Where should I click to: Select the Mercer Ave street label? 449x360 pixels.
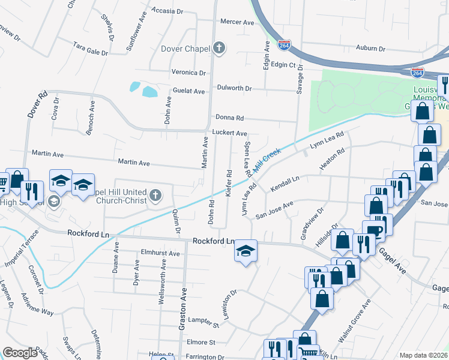[x=238, y=22]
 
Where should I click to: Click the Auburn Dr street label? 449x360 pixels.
[x=370, y=48]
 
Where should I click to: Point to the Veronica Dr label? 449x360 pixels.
[x=188, y=73]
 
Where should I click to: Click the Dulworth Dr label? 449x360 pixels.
[x=234, y=88]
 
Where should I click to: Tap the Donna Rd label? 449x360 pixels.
[x=229, y=118]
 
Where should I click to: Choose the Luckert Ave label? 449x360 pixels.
[x=229, y=133]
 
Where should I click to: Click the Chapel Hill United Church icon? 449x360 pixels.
[x=155, y=194]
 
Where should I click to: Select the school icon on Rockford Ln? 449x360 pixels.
[x=246, y=250]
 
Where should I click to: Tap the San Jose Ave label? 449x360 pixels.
[x=274, y=211]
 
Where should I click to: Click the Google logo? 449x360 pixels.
[x=20, y=353]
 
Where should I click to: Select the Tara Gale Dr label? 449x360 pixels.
[x=90, y=49]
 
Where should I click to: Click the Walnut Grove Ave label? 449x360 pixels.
[x=352, y=326]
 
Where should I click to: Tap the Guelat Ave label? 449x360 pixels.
[x=189, y=91]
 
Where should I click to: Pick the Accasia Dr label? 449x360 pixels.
[x=167, y=11]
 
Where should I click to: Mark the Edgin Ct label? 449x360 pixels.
[x=283, y=65]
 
